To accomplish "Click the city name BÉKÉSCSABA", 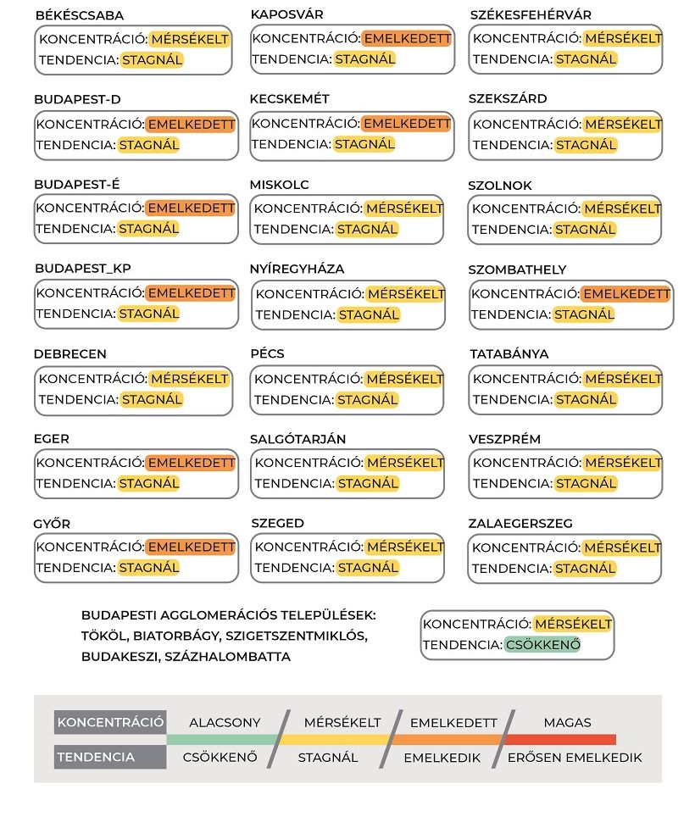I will pyautogui.click(x=80, y=15).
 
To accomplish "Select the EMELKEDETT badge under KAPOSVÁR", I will pyautogui.click(x=407, y=39).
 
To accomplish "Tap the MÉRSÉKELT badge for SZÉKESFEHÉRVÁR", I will pyautogui.click(x=623, y=39).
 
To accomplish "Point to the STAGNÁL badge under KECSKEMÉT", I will pyautogui.click(x=364, y=144).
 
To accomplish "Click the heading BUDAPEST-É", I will pyautogui.click(x=77, y=184).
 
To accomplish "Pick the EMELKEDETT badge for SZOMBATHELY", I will pyautogui.click(x=625, y=294).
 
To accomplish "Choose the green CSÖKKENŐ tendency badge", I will pyautogui.click(x=542, y=645).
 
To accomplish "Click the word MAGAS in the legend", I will pyautogui.click(x=567, y=723).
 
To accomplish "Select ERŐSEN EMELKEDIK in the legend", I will pyautogui.click(x=575, y=758).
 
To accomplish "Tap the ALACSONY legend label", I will pyautogui.click(x=225, y=723).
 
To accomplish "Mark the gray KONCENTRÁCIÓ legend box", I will pyautogui.click(x=110, y=723).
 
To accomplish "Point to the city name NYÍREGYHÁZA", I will pyautogui.click(x=297, y=269).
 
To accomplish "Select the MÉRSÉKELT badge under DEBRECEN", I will pyautogui.click(x=189, y=378).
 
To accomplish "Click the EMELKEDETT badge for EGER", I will pyautogui.click(x=190, y=463).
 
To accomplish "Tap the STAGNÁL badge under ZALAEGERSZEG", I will pyautogui.click(x=585, y=569).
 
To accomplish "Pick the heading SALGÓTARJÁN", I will pyautogui.click(x=297, y=439).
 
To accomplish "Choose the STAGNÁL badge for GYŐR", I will pyautogui.click(x=149, y=568).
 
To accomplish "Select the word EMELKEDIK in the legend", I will pyautogui.click(x=442, y=758).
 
